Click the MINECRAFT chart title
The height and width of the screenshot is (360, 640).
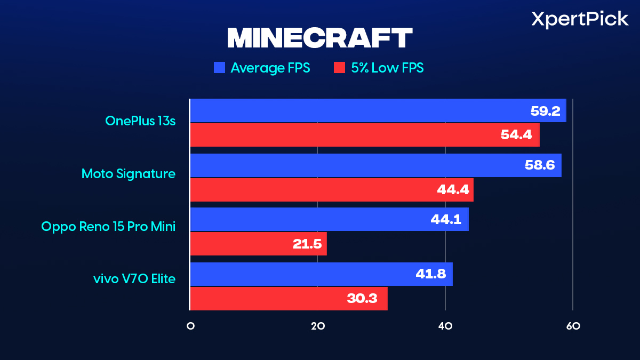[x=320, y=38]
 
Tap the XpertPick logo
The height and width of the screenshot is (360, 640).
[x=580, y=20]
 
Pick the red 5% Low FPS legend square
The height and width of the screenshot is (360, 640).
[x=340, y=68]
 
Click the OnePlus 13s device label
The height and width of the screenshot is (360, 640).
[x=140, y=121]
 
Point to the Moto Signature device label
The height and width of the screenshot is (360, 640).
[x=128, y=173]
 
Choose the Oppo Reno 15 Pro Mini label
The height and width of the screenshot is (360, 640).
[x=108, y=226]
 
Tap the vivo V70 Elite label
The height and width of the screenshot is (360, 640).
[x=133, y=278]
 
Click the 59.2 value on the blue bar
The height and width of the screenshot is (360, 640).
[x=545, y=111]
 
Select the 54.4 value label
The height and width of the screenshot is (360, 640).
[x=516, y=135]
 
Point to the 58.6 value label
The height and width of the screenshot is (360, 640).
[x=540, y=166]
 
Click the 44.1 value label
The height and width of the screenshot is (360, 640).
[x=446, y=219]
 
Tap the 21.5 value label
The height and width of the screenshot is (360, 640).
[x=307, y=244]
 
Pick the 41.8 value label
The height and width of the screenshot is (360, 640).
[x=431, y=274]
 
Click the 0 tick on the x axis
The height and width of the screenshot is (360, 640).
[x=190, y=326]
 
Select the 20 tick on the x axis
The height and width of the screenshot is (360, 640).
[x=318, y=326]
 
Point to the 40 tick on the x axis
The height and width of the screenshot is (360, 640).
[x=445, y=326]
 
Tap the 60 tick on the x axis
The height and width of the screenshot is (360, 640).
[x=573, y=326]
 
